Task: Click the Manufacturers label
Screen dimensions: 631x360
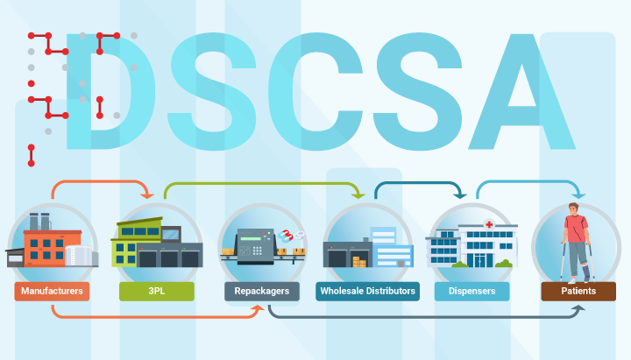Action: point(52,291)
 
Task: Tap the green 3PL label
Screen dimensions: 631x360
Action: point(157,291)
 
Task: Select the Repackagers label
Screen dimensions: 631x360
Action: point(262,291)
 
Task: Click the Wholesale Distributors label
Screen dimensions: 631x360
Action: point(367,291)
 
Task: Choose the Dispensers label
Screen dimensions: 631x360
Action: point(472,291)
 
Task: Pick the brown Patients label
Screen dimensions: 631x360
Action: point(578,291)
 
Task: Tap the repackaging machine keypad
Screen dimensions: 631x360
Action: point(257,251)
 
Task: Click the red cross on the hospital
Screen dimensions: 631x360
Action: point(489,224)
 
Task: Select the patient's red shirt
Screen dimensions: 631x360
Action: point(576,229)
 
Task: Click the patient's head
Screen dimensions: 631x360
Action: point(574,208)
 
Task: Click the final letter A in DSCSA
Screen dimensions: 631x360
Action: point(522,92)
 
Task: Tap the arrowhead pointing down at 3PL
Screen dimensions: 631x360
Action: point(147,195)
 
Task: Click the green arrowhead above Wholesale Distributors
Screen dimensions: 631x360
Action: point(358,195)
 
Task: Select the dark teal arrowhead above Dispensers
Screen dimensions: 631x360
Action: point(460,195)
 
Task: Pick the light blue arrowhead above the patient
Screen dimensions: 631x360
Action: point(578,195)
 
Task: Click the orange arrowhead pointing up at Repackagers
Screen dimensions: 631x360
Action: point(258,308)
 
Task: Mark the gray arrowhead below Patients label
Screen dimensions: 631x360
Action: point(578,308)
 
